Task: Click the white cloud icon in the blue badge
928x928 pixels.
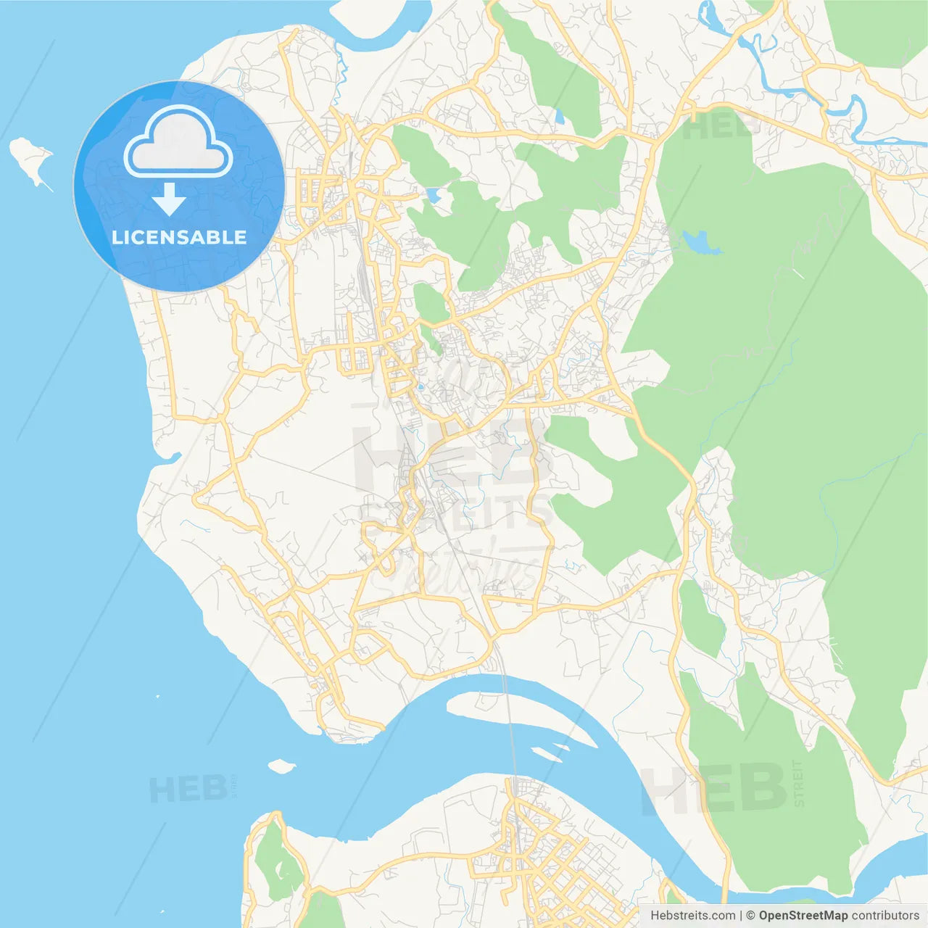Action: [x=178, y=142]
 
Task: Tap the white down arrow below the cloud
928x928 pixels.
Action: [x=169, y=199]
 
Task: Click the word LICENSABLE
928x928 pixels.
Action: [x=179, y=237]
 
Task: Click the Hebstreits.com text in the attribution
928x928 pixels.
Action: [x=692, y=916]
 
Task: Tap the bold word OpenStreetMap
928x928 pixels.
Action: [x=803, y=916]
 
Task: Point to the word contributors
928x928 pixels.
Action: [x=884, y=916]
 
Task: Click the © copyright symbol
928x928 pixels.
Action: [x=750, y=916]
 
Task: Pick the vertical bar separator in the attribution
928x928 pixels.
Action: [x=740, y=916]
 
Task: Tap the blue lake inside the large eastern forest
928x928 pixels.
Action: [x=699, y=242]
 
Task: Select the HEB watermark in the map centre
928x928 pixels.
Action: [x=449, y=457]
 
